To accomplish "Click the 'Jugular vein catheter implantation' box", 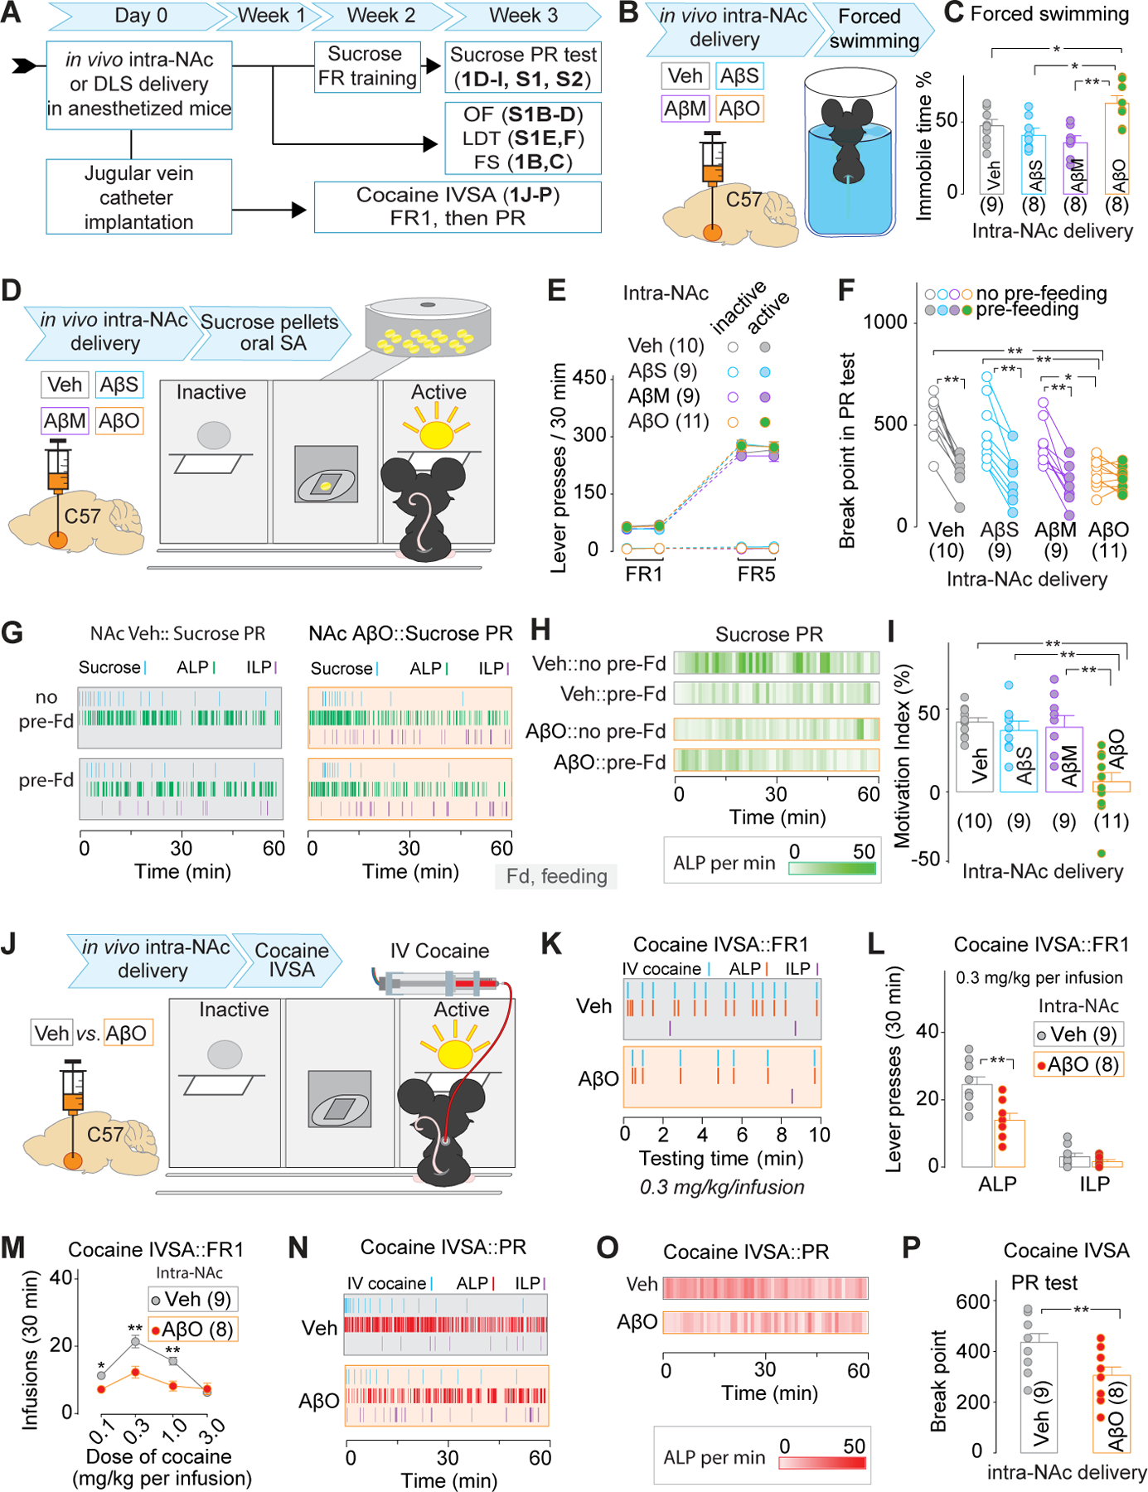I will point(138,197).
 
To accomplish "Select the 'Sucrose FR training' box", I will point(367,66).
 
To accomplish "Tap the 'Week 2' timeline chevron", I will point(380,16).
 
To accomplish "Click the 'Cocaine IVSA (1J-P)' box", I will point(458,206).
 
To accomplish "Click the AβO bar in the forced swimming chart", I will point(1117,149).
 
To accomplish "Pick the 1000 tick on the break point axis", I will point(885,322).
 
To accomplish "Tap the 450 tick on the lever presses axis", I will point(589,378).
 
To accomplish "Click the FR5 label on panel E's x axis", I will point(756,574).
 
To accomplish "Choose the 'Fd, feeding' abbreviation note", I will point(556,876).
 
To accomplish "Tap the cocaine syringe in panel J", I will point(439,985).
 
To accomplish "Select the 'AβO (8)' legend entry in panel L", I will point(1078,1064).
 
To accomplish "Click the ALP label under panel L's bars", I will point(997,1184).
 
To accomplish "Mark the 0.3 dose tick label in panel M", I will point(137,1428).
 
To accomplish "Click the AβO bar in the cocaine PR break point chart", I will point(1112,1414).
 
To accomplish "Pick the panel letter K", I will point(550,944).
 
